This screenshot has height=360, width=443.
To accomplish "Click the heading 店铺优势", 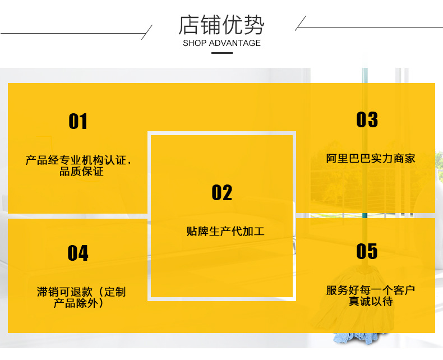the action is click(221, 25).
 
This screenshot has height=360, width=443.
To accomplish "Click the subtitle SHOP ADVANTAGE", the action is click(221, 43).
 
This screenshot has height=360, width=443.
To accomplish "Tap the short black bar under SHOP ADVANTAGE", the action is click(221, 53).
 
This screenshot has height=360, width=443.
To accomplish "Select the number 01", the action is click(78, 121).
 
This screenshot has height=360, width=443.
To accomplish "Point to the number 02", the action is click(221, 193).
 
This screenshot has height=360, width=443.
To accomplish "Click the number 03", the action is click(367, 119).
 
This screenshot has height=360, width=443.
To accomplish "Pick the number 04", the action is click(78, 253).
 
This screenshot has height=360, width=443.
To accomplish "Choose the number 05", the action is click(367, 251).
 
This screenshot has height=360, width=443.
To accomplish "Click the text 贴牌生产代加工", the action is click(221, 231).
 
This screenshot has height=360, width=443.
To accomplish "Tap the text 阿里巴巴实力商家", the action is click(371, 159).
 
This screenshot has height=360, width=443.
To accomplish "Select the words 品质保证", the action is click(81, 172).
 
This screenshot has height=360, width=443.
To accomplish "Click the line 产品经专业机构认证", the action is click(77, 161).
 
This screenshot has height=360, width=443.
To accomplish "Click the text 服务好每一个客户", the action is click(371, 290).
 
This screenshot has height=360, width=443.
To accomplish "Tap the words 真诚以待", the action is click(371, 302).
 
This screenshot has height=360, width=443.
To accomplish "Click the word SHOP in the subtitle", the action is click(195, 43).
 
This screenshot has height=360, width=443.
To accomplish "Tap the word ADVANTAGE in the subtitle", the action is click(235, 43).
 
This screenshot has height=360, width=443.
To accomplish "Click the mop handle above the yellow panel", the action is click(364, 75).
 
